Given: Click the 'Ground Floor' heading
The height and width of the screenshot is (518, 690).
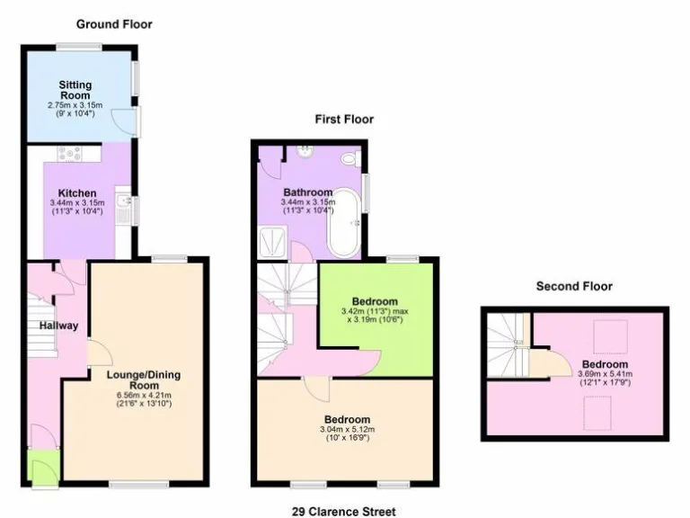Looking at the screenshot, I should pyautogui.click(x=113, y=24).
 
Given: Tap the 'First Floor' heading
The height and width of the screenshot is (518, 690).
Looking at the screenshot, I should pyautogui.click(x=343, y=119).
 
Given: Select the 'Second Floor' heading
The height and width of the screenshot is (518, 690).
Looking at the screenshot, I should pyautogui.click(x=574, y=286).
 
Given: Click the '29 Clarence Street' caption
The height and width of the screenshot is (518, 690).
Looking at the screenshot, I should pyautogui.click(x=344, y=511).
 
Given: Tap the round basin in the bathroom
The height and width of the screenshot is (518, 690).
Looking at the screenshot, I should pyautogui.click(x=305, y=150).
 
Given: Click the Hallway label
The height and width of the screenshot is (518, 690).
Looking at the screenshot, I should pyautogui.click(x=58, y=326).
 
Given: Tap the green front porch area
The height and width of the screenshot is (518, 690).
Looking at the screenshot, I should pyautogui.click(x=41, y=469).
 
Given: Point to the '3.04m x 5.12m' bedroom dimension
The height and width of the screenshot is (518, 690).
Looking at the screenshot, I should pyautogui.click(x=346, y=430).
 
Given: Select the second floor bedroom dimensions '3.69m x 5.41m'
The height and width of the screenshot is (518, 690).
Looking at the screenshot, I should pyautogui.click(x=603, y=374).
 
